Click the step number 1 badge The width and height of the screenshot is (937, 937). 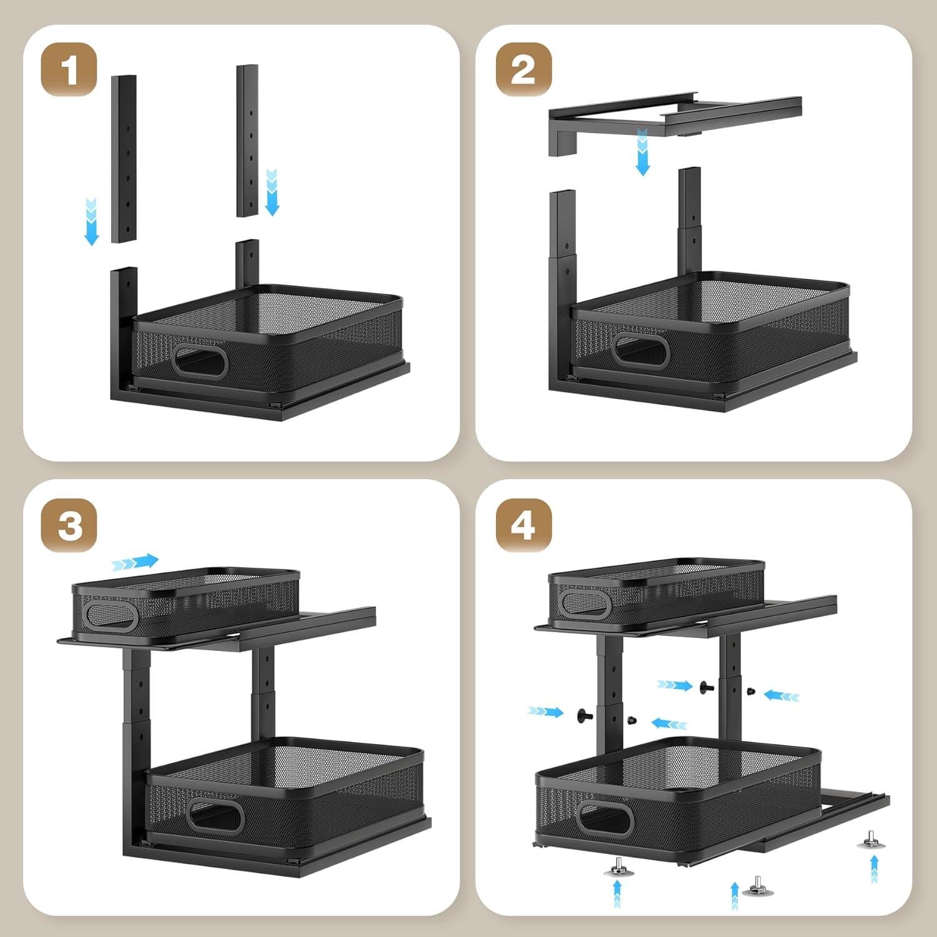(69, 69)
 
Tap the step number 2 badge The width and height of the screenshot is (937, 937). (523, 69)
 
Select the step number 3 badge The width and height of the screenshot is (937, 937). (69, 525)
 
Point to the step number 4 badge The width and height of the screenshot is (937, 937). (523, 525)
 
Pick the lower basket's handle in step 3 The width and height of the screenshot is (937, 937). (216, 815)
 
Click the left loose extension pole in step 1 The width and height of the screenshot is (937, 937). (124, 159)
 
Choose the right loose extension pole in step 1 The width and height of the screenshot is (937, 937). (247, 141)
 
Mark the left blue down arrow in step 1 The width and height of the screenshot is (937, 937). (92, 221)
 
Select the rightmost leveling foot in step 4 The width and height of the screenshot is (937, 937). (871, 840)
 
